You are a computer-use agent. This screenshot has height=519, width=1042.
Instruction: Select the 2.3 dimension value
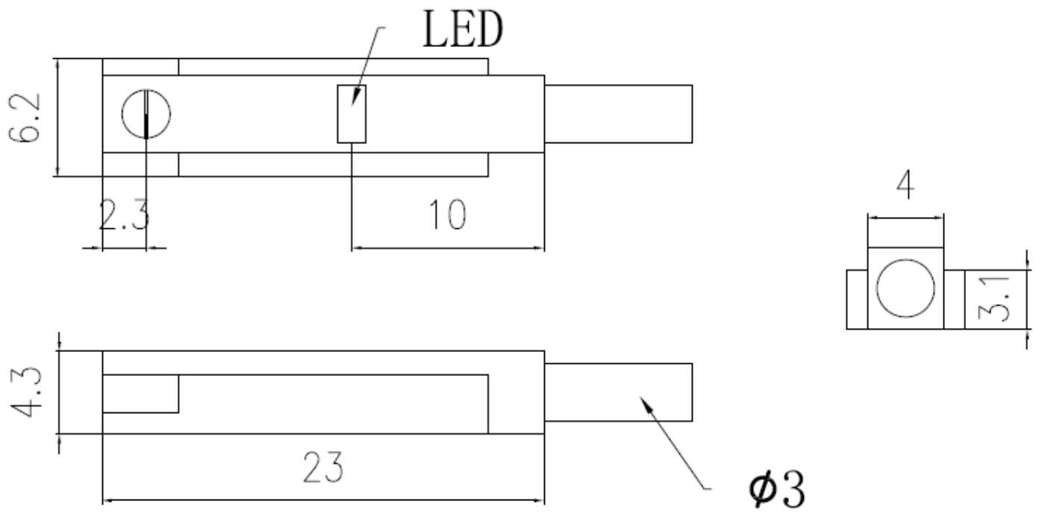(x=125, y=217)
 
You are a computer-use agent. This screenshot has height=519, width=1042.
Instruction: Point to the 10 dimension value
(x=447, y=216)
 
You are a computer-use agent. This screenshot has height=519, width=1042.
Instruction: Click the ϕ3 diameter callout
(x=779, y=491)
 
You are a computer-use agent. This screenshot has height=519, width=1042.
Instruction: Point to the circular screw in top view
(x=146, y=114)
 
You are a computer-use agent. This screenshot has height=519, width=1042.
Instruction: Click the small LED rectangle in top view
(x=352, y=113)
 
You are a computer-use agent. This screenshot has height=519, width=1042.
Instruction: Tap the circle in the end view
(x=905, y=289)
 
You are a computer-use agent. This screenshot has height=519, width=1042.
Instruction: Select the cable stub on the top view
(x=618, y=113)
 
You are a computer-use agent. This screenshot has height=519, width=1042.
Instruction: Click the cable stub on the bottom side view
(x=618, y=391)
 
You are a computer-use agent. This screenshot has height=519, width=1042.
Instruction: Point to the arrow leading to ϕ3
(x=672, y=440)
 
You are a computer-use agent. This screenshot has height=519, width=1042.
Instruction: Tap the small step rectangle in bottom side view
(x=140, y=393)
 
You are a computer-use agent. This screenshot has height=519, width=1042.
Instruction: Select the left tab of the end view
(x=856, y=299)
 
